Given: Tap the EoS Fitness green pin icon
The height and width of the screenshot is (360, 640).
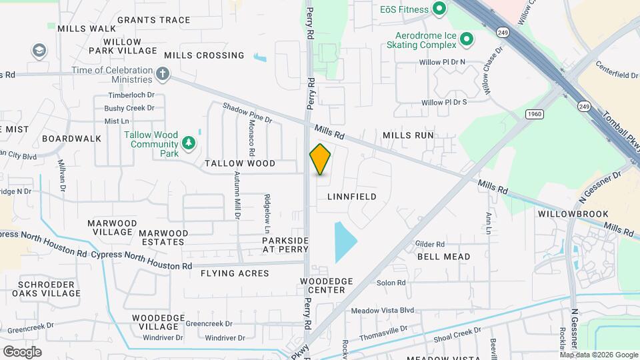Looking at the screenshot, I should click(439, 9).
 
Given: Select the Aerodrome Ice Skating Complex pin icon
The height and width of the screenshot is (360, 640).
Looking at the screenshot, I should click(467, 39).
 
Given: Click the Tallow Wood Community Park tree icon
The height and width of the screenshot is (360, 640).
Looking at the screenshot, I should click(189, 142).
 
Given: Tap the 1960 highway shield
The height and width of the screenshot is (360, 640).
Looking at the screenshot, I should click(534, 114).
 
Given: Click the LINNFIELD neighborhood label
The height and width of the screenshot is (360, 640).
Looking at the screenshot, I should click(352, 197).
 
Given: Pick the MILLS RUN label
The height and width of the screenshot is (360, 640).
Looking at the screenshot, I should click(408, 135).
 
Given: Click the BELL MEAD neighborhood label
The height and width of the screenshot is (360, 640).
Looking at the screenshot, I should click(443, 257).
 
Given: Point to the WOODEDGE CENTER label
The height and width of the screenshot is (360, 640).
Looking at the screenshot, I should click(323, 285).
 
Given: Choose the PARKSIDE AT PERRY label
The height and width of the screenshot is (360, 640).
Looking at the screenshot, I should click(285, 245).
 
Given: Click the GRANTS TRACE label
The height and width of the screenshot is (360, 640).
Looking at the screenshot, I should click(153, 20).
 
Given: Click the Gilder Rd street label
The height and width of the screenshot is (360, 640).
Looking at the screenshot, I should click(429, 244).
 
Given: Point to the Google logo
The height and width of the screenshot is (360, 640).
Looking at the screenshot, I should click(22, 351).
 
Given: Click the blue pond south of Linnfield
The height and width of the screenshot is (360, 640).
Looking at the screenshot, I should click(343, 241).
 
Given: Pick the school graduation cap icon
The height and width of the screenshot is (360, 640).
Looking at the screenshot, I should click(39, 51).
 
